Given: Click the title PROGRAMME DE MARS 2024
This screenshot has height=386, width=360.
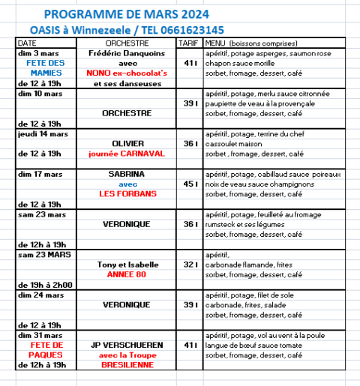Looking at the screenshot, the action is point(127,14).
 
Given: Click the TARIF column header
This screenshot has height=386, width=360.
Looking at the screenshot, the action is point(189,44).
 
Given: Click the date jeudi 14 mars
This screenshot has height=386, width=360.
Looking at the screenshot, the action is point(43,133).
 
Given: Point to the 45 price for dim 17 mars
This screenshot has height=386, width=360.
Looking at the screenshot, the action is point(187,183).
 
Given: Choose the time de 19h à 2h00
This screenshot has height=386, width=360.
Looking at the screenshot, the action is point(44,284).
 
